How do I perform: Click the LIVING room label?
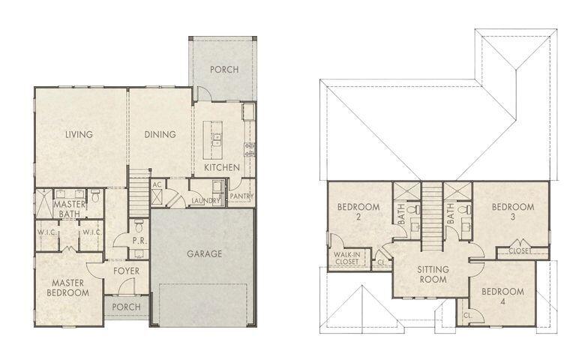[x=79, y=135]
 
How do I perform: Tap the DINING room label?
[x=160, y=135]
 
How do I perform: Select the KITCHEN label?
[x=223, y=167]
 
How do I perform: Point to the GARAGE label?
[x=204, y=253]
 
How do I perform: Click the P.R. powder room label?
[x=139, y=241]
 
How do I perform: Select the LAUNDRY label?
[x=205, y=200]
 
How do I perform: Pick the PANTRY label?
[x=241, y=196]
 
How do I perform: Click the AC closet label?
[x=157, y=184]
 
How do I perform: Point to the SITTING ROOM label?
[x=432, y=274]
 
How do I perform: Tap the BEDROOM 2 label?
[x=358, y=211]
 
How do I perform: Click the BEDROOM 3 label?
[x=513, y=211]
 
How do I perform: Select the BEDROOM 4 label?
[x=502, y=296]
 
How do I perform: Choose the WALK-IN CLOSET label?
[x=346, y=259]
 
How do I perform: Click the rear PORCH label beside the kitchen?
[x=223, y=70]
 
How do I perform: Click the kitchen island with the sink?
[x=216, y=139]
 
